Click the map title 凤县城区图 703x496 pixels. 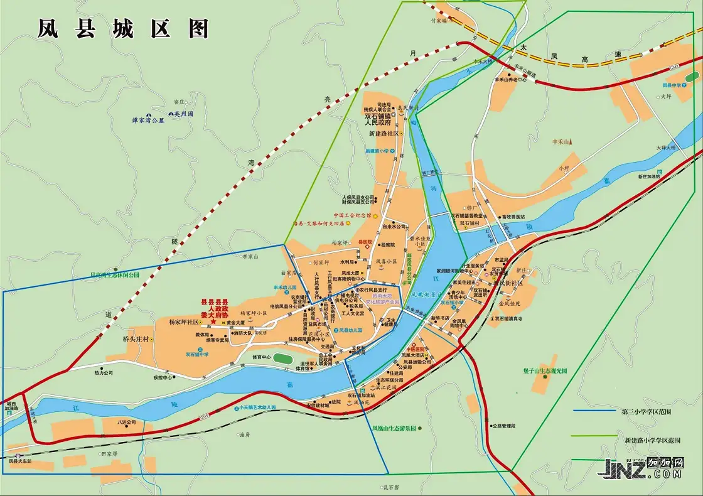point(122,29)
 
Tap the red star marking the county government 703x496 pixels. point(213,321)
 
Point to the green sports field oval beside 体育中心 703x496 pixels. point(282,359)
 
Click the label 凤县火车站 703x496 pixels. point(20,461)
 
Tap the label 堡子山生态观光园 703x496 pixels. point(545,370)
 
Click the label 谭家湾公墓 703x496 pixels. point(148,121)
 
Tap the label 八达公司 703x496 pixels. point(126,423)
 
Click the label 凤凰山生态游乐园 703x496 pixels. point(394,428)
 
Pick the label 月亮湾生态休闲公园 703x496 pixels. point(115,275)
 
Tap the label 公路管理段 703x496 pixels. point(504,426)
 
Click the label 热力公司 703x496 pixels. point(104,373)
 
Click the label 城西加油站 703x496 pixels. point(11,406)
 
